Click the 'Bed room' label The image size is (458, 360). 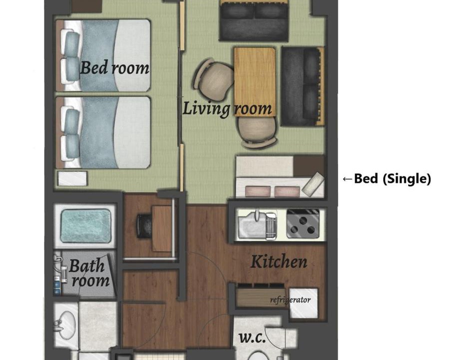click(x=114, y=67)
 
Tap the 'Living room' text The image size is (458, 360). click(x=227, y=108)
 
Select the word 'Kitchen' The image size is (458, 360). click(x=279, y=261)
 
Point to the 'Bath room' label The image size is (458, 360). click(x=89, y=273)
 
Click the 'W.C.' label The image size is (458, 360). click(x=252, y=338)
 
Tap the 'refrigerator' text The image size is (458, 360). click(x=290, y=300)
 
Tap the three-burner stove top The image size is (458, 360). click(x=303, y=224)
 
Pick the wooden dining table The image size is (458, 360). click(x=255, y=81)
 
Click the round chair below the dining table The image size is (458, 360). click(x=257, y=130)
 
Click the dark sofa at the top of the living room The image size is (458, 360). click(x=254, y=20)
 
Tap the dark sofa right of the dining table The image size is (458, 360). click(x=303, y=86)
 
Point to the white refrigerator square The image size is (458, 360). click(x=304, y=303)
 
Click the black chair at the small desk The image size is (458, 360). click(x=144, y=226)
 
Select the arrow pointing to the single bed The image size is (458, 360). click(x=347, y=178)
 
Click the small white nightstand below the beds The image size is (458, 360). click(x=72, y=178)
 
